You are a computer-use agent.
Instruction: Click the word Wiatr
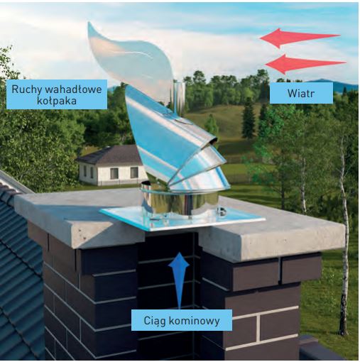pyautogui.click(x=301, y=93)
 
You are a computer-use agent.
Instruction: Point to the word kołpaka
pyautogui.click(x=57, y=101)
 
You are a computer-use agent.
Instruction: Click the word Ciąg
pyautogui.click(x=155, y=322)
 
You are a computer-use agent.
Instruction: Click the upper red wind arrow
pyautogui.click(x=300, y=38)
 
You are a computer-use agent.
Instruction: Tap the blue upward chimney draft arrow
pyautogui.click(x=179, y=280)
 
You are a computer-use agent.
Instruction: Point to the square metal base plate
pyautogui.click(x=182, y=219)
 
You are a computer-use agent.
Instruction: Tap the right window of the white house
pyautogui.click(x=134, y=172)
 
